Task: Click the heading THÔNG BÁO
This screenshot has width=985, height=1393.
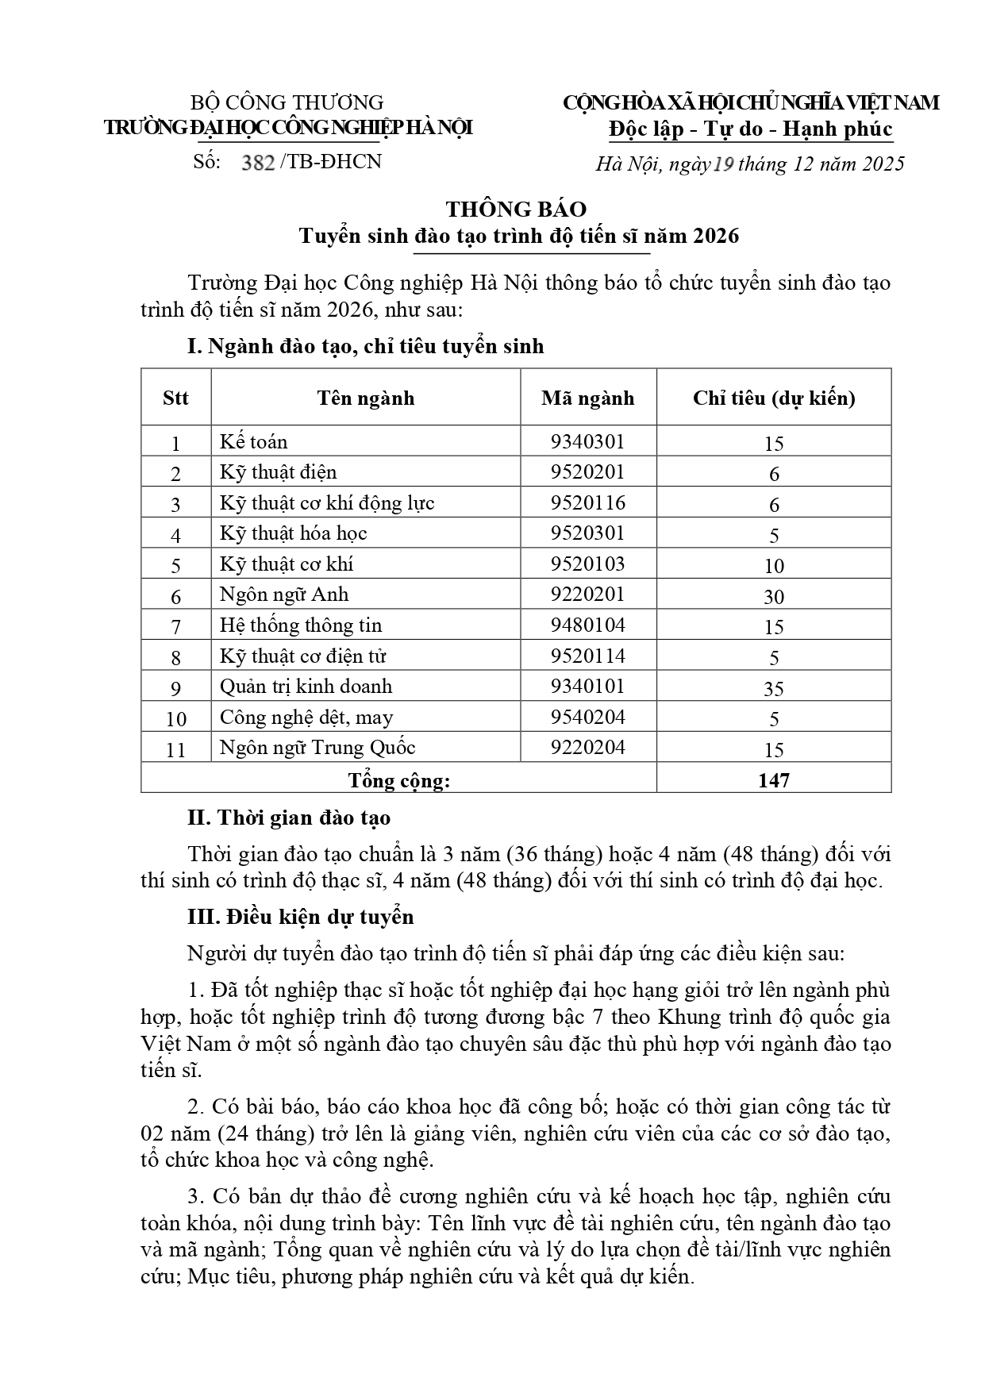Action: (x=516, y=209)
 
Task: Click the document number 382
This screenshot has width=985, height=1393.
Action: (x=258, y=163)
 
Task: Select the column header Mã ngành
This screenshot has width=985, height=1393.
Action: (x=587, y=398)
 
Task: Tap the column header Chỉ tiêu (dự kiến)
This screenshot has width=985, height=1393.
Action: (x=773, y=398)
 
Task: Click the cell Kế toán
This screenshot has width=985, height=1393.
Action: (x=254, y=442)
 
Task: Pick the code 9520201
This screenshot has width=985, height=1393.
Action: (x=587, y=472)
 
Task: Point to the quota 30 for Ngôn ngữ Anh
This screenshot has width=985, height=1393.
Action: (x=773, y=597)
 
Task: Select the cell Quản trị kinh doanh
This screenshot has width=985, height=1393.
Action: (x=306, y=687)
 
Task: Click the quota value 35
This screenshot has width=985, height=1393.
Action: (x=773, y=689)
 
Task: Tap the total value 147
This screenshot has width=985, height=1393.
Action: (x=773, y=780)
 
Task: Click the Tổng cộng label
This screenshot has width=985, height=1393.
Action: (x=398, y=781)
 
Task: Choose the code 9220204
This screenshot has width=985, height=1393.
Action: (x=587, y=748)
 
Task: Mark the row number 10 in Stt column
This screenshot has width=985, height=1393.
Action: (x=176, y=719)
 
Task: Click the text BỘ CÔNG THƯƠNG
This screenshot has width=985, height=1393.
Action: (x=287, y=102)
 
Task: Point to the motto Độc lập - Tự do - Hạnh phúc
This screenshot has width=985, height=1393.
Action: (x=750, y=129)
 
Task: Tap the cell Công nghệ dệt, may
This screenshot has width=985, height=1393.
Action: (x=306, y=718)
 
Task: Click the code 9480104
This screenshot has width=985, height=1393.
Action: (x=587, y=625)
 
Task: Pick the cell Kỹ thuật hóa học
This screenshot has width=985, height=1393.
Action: (x=293, y=533)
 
